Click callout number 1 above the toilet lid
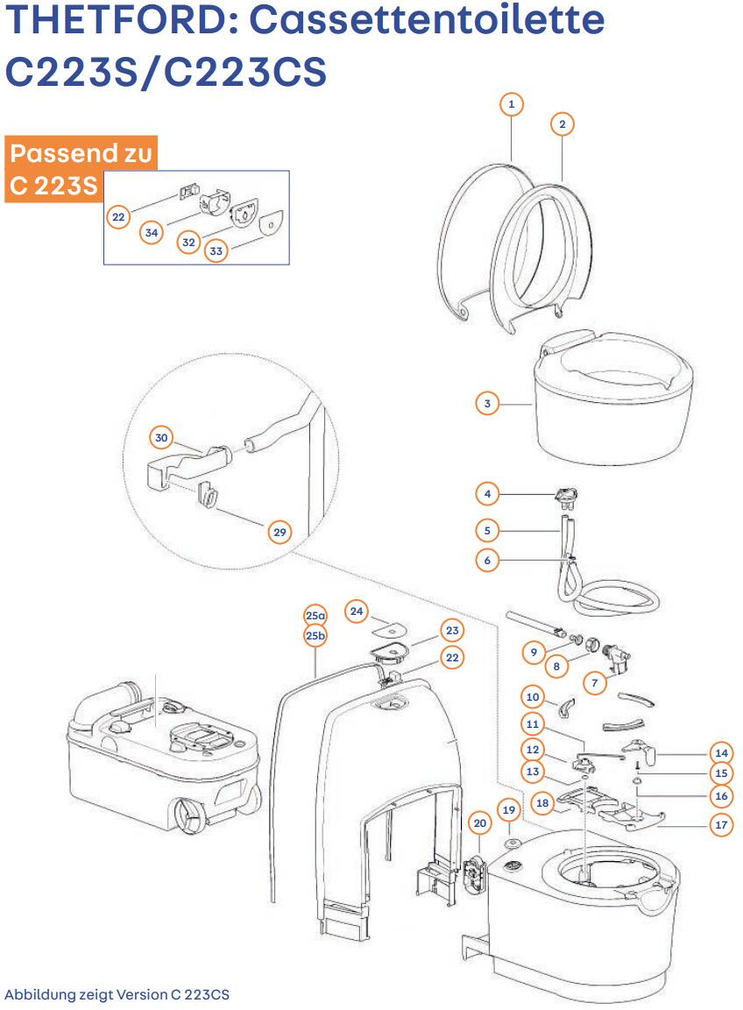[x=511, y=104]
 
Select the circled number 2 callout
[x=562, y=124]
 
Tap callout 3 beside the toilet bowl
[x=487, y=404]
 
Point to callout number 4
[x=487, y=494]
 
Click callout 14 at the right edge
[x=721, y=752]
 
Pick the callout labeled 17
[x=721, y=824]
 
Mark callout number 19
[x=509, y=810]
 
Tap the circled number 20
[x=479, y=823]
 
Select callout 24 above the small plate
[x=356, y=611]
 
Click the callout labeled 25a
[x=315, y=616]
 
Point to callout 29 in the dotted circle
[x=279, y=532]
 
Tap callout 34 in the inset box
[x=152, y=232]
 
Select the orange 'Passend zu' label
[x=81, y=155]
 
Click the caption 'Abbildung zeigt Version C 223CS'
[x=117, y=995]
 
